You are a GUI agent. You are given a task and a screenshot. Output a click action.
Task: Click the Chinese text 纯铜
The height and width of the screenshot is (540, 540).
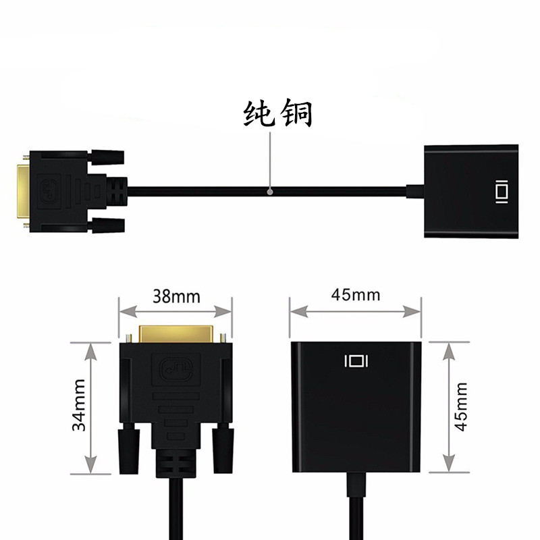(277, 115)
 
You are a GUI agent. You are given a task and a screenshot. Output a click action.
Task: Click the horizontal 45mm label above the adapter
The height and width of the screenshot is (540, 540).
(355, 295)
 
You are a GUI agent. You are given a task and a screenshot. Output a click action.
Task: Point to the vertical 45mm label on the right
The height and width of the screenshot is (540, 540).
(462, 408)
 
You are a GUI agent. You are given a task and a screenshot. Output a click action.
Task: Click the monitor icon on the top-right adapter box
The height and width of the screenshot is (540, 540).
(500, 191)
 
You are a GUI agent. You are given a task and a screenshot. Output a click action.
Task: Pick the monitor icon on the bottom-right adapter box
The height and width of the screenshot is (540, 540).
(356, 361)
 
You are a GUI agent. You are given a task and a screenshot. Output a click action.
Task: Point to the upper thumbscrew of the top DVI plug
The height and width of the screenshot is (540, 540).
(107, 157)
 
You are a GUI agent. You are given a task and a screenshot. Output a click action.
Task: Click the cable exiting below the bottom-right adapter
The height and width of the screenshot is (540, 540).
(356, 506)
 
